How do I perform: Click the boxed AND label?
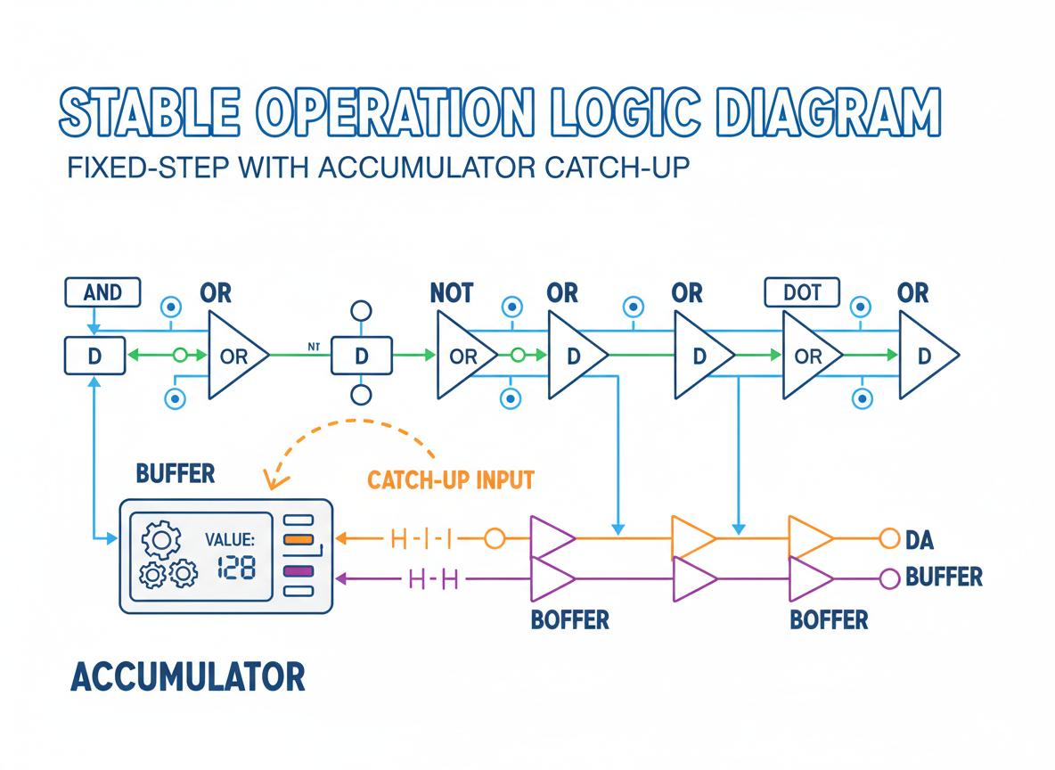click(102, 292)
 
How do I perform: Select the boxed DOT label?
click(802, 292)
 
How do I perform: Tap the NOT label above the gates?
click(452, 293)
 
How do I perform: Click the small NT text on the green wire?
click(314, 347)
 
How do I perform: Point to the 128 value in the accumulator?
click(236, 569)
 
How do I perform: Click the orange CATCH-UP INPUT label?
click(451, 479)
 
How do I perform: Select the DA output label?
click(919, 540)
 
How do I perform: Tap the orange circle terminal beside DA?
click(889, 538)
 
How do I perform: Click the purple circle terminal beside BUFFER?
click(889, 578)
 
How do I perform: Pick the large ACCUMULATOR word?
click(188, 676)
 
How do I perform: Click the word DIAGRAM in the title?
click(828, 111)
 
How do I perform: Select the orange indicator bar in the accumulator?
click(299, 539)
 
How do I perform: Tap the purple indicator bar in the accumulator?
click(299, 570)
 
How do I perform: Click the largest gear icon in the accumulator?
click(161, 539)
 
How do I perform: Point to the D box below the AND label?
click(94, 356)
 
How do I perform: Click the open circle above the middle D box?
click(361, 311)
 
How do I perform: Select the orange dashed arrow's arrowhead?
click(274, 479)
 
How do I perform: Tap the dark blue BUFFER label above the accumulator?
click(176, 474)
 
